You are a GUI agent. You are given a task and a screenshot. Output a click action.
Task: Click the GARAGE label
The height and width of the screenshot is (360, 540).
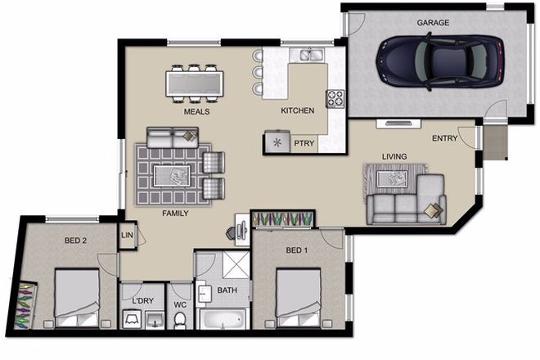(433, 23)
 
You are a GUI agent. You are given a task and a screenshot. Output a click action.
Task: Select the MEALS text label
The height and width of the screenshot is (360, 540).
(196, 110)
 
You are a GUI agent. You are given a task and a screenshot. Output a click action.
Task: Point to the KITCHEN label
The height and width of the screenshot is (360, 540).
(297, 110)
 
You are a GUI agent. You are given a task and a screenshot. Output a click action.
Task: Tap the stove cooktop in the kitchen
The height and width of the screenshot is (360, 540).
(335, 98)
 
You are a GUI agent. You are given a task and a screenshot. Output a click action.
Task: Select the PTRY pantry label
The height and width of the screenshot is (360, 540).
(304, 142)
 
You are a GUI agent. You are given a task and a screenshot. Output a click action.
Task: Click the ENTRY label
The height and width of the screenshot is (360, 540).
(444, 138)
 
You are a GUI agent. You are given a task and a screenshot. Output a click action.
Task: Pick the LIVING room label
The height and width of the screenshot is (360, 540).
(394, 155)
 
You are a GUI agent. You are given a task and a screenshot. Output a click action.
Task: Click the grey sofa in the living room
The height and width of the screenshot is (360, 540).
(405, 207)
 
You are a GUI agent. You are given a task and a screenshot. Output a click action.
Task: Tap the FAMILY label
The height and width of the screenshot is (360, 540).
(175, 213)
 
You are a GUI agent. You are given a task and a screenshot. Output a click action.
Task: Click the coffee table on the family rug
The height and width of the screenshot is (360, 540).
(171, 174)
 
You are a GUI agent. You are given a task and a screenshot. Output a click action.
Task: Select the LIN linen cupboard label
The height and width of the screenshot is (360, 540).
(127, 235)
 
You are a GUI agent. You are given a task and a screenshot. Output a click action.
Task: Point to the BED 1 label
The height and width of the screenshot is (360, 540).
(296, 250)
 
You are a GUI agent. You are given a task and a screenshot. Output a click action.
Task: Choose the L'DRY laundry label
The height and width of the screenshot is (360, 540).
(143, 301)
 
